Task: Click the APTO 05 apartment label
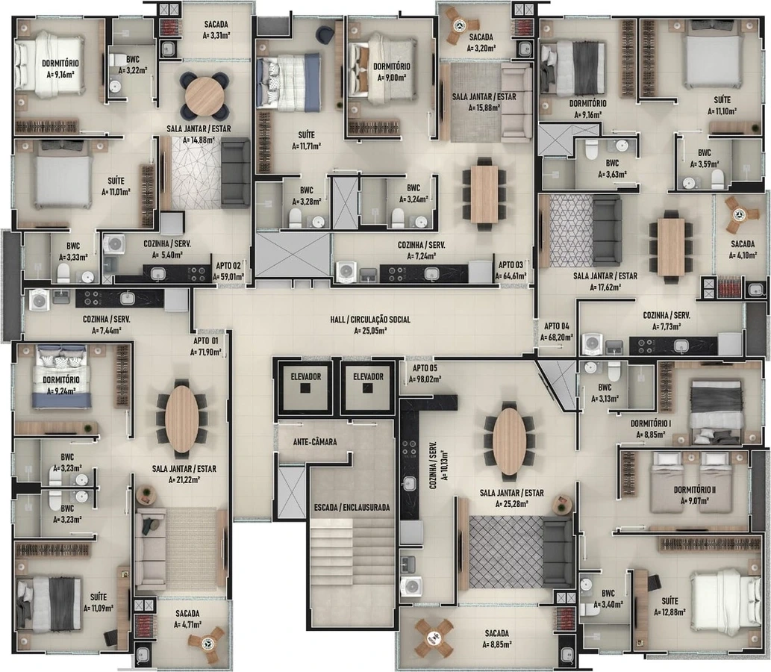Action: [425, 368]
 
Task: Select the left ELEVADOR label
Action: [305, 377]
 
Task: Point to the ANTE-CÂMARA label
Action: [315, 442]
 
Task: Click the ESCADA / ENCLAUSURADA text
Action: [352, 507]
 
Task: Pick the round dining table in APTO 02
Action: [205, 96]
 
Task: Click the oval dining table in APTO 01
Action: [182, 419]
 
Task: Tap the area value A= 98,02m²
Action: [425, 379]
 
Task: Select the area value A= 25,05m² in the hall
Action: [370, 331]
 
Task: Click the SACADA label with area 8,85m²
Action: [496, 633]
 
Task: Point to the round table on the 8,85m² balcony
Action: [434, 638]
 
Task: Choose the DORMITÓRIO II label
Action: [694, 490]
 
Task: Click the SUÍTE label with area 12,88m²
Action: [669, 600]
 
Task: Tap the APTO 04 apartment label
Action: [557, 326]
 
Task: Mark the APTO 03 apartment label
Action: [511, 264]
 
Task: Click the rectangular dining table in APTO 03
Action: [484, 194]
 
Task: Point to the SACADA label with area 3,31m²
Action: [216, 24]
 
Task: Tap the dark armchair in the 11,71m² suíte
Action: [324, 34]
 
